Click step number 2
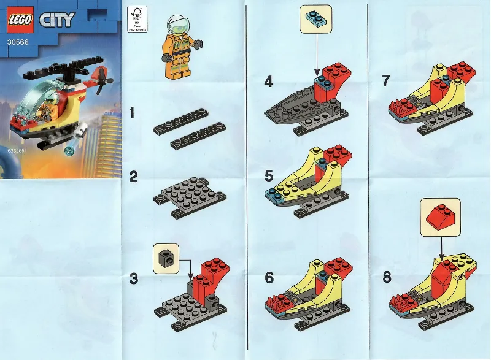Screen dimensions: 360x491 click(134, 178)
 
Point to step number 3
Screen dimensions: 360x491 click(134, 279)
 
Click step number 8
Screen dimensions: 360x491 click(387, 277)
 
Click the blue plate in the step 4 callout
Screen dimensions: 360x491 click(315, 19)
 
